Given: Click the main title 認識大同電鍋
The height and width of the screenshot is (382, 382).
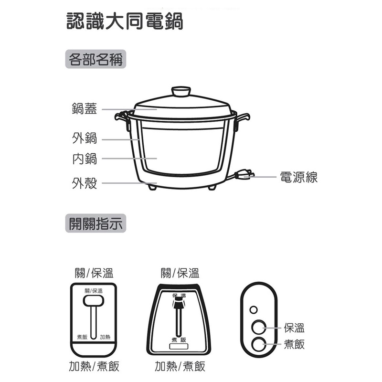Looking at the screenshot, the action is coord(125,21).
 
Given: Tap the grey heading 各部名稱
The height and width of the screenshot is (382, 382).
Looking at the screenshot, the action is coord(95,59).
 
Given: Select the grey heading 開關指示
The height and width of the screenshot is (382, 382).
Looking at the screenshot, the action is coord(95,223).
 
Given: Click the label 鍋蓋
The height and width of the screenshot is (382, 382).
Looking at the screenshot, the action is coord(85,109).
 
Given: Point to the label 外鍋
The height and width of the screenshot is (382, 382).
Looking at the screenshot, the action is coord(85,138).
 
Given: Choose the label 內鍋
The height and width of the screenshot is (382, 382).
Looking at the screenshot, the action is coord(85,159).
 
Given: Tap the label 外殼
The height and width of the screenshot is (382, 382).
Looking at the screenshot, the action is coord(85,183).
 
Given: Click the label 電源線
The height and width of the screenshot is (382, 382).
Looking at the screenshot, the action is coord(299,177).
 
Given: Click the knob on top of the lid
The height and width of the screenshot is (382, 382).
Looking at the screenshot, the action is coord(181,91).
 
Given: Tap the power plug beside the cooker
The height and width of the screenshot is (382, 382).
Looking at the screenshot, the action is coord(244,175).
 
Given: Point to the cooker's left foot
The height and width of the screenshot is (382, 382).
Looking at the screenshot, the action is coord(152,187).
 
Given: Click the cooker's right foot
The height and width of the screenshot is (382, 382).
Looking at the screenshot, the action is coord(212,187).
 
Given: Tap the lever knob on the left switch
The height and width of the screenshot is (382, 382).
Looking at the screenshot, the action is coord(94,301).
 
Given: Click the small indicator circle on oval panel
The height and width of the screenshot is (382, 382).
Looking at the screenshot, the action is coord(254,310).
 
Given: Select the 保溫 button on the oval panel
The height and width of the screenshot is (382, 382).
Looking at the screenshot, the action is coord(259,328).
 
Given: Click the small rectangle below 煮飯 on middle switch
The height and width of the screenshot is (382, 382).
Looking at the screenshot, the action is coord(179,346).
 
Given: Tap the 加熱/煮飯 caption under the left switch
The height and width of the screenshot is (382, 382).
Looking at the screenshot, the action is coord(94,366).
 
